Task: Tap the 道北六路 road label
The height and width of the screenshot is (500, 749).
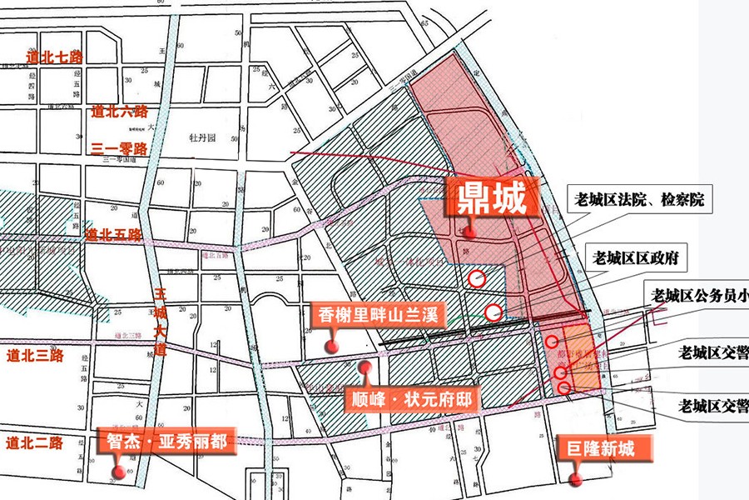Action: point(120,112)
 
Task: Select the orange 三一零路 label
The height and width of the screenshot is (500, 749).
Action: point(119,149)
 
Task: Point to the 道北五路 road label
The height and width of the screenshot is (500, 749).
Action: point(114,236)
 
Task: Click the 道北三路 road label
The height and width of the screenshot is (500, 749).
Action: point(34,355)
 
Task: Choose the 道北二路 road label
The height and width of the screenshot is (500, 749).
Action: point(34,442)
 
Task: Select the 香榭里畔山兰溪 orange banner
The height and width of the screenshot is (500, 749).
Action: point(379,316)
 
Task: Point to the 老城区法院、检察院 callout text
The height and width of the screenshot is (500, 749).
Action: point(639,200)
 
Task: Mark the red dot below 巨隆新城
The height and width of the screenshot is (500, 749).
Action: point(573,478)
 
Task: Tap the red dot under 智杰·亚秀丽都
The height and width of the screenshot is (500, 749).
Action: point(118,472)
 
